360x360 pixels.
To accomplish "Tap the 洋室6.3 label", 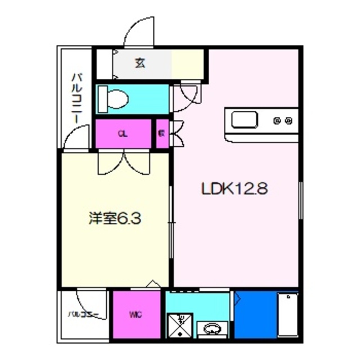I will click(114, 217).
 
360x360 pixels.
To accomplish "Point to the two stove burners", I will click(282, 120).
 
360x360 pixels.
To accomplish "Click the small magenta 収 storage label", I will click(161, 134).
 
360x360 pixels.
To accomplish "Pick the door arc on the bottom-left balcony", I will click(90, 301).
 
